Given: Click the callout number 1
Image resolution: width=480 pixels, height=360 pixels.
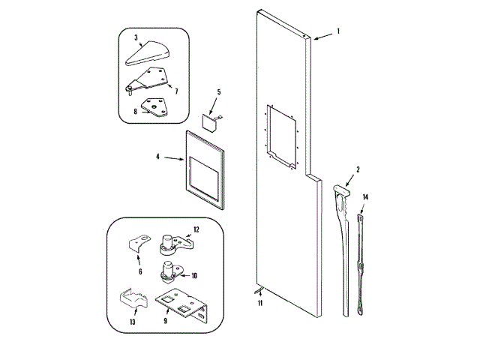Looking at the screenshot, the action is (x=337, y=31).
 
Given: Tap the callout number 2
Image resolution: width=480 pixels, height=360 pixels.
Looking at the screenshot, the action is (x=358, y=169).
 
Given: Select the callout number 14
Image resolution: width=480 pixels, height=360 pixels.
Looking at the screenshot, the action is (x=365, y=198).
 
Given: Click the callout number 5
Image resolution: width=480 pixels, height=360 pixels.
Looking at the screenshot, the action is (x=219, y=93).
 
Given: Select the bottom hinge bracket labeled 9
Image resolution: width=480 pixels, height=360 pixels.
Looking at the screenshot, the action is (x=181, y=303).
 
